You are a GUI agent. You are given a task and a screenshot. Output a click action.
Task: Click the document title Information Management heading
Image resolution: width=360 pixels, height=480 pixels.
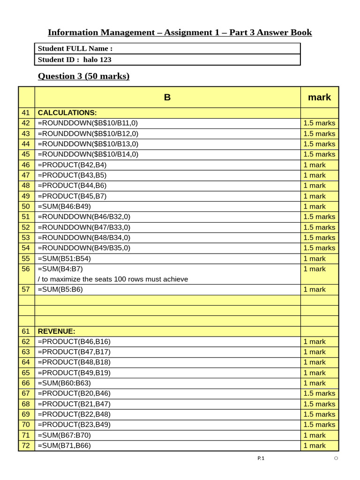[180, 32]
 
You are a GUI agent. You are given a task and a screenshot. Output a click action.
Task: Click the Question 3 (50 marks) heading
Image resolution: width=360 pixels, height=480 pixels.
[83, 76]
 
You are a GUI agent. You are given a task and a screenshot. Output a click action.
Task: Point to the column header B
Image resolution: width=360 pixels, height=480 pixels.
[167, 97]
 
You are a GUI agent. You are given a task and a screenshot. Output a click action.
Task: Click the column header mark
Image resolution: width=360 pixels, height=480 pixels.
[319, 97]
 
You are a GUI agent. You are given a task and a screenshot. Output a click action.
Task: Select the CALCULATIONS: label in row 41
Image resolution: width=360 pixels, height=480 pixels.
[67, 112]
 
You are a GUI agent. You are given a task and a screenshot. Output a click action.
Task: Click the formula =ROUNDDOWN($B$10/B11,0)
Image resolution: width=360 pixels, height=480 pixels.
[88, 123]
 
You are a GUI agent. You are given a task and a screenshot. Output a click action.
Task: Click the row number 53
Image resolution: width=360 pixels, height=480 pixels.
[26, 238]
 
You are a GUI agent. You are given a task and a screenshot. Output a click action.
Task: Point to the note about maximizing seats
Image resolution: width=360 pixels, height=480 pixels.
[112, 279]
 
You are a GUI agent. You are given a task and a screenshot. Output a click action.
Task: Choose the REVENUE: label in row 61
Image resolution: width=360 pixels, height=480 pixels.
[56, 331]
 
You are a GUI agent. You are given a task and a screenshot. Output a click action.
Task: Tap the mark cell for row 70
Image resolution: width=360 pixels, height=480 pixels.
[319, 424]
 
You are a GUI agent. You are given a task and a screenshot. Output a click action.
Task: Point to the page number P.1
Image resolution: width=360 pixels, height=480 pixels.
[261, 458]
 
